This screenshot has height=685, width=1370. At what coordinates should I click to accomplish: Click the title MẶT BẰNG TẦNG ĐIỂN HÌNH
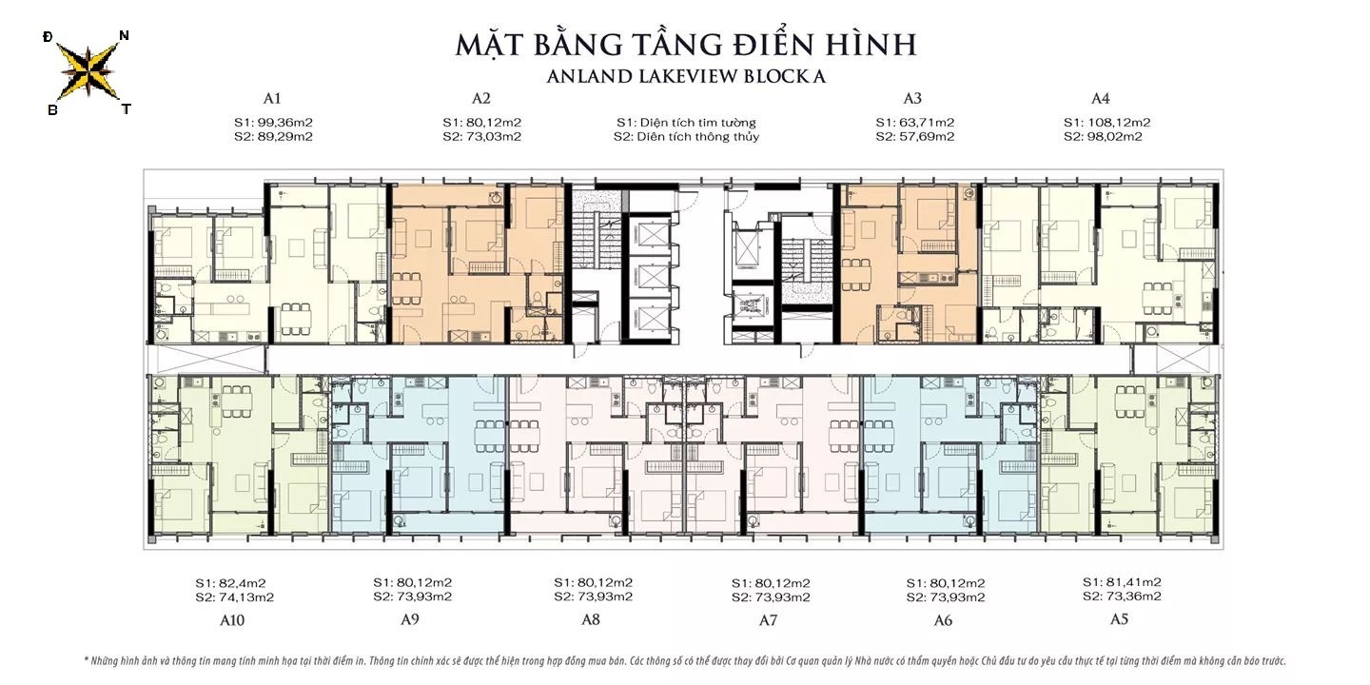(685, 44)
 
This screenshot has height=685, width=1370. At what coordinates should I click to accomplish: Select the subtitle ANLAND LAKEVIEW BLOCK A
(685, 77)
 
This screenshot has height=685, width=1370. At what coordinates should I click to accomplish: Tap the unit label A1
(273, 98)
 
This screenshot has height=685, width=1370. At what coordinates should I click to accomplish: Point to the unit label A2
(481, 98)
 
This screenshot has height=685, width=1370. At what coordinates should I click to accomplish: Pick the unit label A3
(913, 98)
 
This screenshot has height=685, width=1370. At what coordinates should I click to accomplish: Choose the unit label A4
(1101, 98)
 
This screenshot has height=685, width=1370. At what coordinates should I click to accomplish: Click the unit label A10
(233, 620)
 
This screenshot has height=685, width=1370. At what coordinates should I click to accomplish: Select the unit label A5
(1120, 619)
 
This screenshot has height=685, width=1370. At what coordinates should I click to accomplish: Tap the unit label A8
(591, 620)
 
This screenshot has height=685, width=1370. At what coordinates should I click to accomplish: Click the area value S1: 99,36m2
(274, 122)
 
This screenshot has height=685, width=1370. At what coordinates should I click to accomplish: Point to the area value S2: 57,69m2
(914, 137)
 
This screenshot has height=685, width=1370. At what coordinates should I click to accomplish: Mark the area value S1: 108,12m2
(1106, 122)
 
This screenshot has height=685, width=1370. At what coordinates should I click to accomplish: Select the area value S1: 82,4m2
(230, 582)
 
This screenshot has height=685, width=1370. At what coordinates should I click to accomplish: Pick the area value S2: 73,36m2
(1122, 597)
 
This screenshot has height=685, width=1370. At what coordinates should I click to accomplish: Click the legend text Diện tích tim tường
(686, 122)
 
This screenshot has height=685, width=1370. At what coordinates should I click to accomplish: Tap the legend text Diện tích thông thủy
(686, 137)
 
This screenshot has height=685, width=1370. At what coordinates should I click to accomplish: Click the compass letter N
(124, 36)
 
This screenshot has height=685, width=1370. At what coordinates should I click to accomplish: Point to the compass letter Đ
(48, 37)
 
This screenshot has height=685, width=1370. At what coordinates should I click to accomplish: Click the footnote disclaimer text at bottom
(685, 659)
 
